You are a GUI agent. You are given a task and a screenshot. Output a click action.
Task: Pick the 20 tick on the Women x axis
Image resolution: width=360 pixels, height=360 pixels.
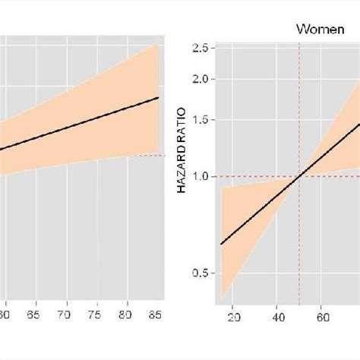pyautogui.click(x=234, y=317)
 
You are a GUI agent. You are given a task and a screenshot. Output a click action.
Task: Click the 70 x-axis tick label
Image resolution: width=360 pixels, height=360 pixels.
pyautogui.click(x=65, y=313)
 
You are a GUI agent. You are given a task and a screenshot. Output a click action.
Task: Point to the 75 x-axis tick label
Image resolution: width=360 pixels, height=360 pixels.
pyautogui.click(x=96, y=313)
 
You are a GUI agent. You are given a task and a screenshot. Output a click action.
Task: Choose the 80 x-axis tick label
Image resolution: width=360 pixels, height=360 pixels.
pyautogui.click(x=127, y=313)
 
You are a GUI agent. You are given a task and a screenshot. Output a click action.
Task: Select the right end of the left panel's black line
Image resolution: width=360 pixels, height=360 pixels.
pyautogui.click(x=158, y=97)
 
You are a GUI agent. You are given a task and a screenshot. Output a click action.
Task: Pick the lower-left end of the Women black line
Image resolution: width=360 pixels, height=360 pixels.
pyautogui.click(x=221, y=244)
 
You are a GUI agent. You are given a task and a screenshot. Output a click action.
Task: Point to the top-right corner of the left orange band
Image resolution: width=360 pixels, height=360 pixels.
pyautogui.click(x=157, y=44)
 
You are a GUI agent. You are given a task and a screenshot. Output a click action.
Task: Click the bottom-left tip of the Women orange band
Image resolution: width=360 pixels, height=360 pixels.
pyautogui.click(x=221, y=296)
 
